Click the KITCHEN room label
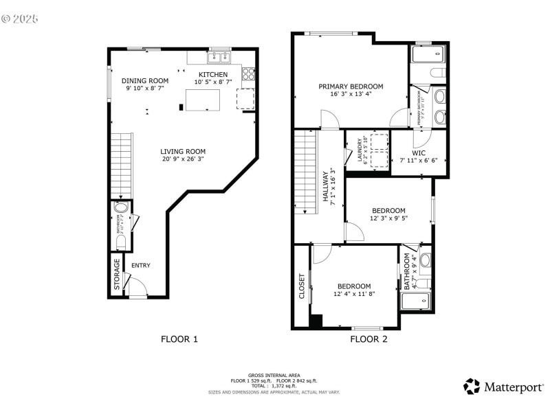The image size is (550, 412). (213, 74)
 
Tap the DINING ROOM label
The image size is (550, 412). (145, 80)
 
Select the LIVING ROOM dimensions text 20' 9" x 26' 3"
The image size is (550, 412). (183, 159)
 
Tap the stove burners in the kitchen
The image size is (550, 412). (249, 73)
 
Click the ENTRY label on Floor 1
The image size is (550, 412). (140, 266)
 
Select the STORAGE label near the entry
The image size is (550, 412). (116, 273)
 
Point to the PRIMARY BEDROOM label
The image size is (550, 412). (351, 87)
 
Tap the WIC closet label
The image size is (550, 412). (419, 152)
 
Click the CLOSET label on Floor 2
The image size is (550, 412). (302, 287)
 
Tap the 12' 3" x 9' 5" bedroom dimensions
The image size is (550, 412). (388, 219)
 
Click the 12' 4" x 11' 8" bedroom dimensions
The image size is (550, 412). (354, 294)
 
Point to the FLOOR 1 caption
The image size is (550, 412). (179, 339)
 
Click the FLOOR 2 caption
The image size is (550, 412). (369, 339)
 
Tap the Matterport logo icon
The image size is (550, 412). (472, 386)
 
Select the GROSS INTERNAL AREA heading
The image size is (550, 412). (274, 375)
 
